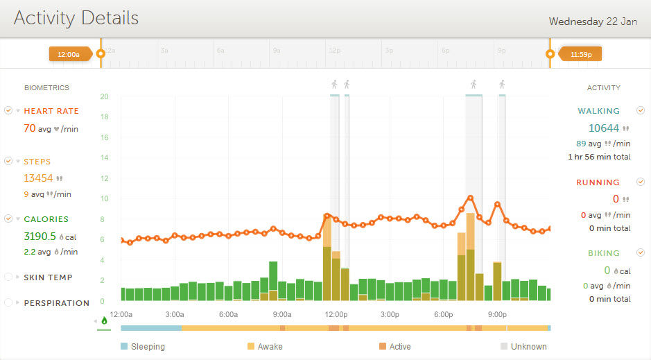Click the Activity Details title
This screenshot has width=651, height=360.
(x=76, y=19)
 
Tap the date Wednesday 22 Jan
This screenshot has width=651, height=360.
(x=593, y=21)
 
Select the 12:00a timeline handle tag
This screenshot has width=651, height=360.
(x=69, y=53)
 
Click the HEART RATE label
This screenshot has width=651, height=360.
(x=51, y=111)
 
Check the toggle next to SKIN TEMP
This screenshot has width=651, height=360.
(x=8, y=277)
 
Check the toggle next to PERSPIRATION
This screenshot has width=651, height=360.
(x=8, y=303)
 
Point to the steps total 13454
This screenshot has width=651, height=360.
(x=38, y=178)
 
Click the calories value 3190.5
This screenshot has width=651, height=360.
(x=40, y=236)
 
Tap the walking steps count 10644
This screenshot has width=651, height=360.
(x=603, y=128)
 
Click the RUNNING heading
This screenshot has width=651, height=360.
(x=598, y=183)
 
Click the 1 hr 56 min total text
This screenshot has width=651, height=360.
(x=599, y=157)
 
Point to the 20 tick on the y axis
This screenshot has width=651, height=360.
(x=104, y=96)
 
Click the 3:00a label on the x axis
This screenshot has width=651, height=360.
(x=175, y=314)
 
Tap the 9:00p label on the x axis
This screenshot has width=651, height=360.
(x=497, y=314)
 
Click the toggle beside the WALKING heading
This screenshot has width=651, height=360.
(x=641, y=110)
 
